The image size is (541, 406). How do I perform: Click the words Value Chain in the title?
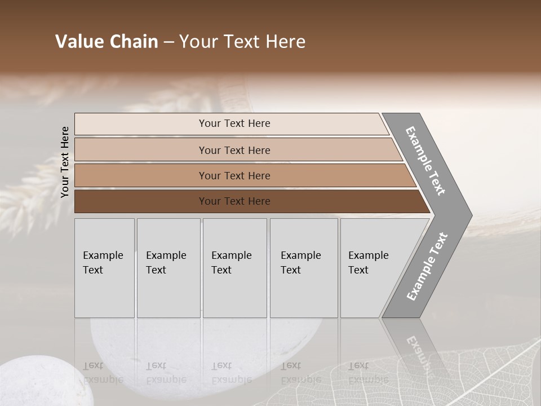pyautogui.click(x=107, y=42)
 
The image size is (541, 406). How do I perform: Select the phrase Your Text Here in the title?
pyautogui.click(x=242, y=42)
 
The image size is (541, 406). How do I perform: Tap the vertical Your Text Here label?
pyautogui.click(x=65, y=162)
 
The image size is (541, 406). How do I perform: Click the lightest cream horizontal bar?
pyautogui.click(x=231, y=123)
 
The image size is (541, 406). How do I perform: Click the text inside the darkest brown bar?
pyautogui.click(x=234, y=201)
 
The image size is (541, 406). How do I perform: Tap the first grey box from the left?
pyautogui.click(x=104, y=268)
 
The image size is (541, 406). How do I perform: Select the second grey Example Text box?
pyautogui.click(x=168, y=268)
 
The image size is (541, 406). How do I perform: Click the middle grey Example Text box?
pyautogui.click(x=234, y=268)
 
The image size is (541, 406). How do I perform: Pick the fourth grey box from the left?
pyautogui.click(x=303, y=268)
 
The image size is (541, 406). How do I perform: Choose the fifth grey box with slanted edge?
pyautogui.click(x=372, y=268)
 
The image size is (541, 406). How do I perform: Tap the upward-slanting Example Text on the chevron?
pyautogui.click(x=427, y=266)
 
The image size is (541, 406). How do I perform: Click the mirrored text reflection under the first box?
pyautogui.click(x=103, y=372)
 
